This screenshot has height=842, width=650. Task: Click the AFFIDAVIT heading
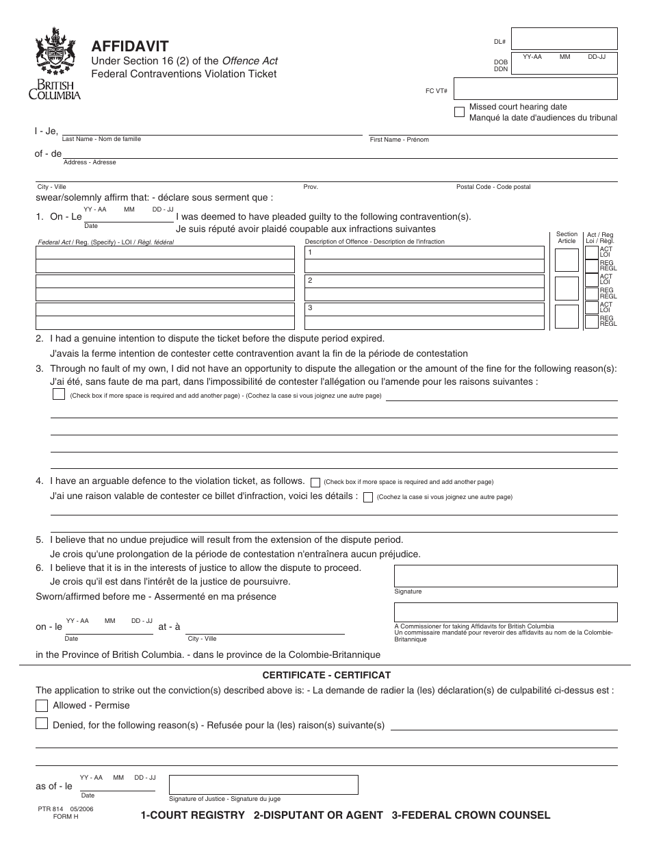point(131,47)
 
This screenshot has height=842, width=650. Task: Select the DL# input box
point(564,40)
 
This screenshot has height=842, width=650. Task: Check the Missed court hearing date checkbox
point(460,112)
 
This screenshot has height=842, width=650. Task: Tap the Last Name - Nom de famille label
point(101,139)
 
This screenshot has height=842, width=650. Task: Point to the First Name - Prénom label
point(399,140)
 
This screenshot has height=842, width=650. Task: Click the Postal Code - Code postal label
point(493,187)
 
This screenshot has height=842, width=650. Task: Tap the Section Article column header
point(567,238)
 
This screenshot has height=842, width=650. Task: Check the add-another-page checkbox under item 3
point(59,394)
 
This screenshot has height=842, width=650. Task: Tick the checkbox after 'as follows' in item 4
point(315,482)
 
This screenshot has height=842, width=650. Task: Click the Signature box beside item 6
point(506,576)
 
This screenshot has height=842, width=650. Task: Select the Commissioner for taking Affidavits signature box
point(506,612)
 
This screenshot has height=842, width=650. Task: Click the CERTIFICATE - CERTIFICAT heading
point(326,675)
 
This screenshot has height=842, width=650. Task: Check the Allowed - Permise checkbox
point(42,705)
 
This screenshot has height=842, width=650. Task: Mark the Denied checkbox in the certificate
point(42,724)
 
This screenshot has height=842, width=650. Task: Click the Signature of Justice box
point(263,784)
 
